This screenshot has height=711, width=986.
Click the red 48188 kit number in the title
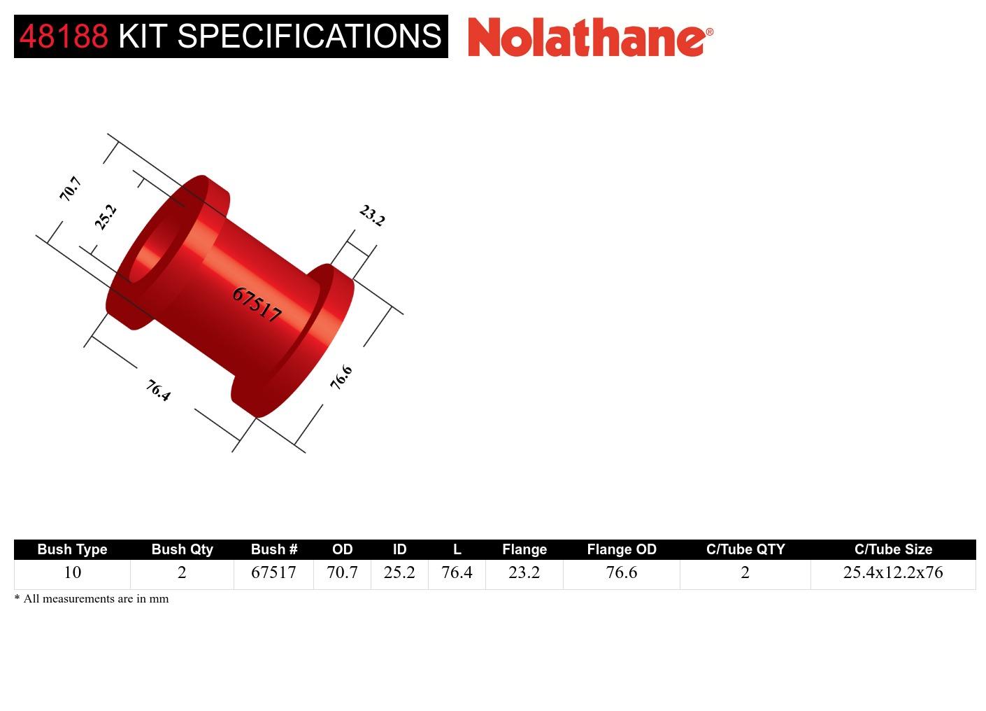(64, 36)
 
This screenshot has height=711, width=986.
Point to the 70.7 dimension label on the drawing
(71, 189)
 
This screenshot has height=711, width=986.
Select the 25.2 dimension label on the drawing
(106, 217)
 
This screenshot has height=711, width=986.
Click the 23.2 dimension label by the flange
(372, 215)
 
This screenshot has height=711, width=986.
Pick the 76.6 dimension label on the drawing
(341, 378)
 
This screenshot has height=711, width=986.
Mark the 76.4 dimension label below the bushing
(159, 390)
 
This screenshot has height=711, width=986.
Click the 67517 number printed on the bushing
(257, 304)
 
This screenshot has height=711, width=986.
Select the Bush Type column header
(72, 549)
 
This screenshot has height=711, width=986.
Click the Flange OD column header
(622, 549)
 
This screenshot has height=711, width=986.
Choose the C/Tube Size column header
(893, 549)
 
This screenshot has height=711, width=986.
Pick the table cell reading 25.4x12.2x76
(893, 572)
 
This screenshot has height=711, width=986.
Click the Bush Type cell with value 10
(72, 572)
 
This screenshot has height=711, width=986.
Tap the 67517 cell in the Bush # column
(273, 572)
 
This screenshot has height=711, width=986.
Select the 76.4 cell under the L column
(457, 572)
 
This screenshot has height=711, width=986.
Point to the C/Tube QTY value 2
(745, 572)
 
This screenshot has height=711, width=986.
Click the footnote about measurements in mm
(92, 599)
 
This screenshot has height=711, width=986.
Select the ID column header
(399, 549)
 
